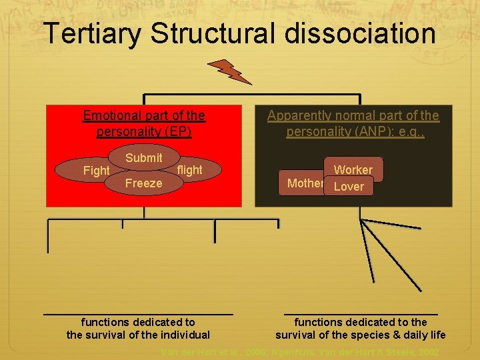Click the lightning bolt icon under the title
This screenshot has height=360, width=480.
coord(229,72)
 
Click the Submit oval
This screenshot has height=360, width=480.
coord(143,158)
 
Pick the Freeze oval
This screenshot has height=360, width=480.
coord(143,183)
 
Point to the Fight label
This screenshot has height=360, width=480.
coord(96,171)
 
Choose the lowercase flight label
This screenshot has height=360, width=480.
coord(189,170)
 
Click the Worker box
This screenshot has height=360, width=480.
coord(353,170)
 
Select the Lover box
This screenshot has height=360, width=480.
coord(349,187)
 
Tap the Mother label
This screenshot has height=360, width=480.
coord(305,183)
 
